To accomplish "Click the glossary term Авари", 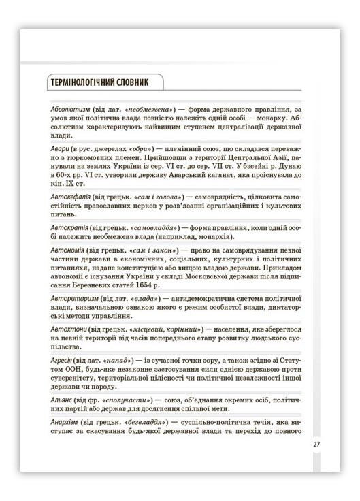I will pyautogui.click(x=61, y=148).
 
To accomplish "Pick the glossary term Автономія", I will pyautogui.click(x=69, y=250).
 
